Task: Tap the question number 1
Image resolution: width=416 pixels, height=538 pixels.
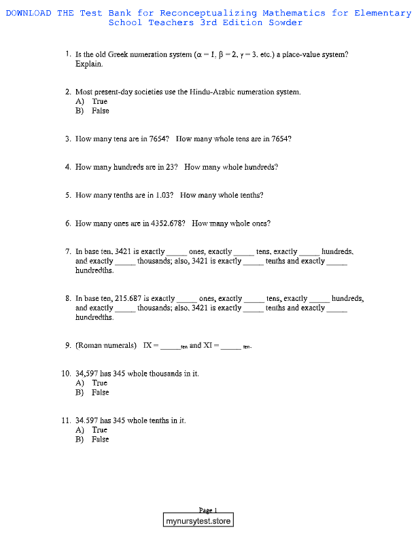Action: pos(69,54)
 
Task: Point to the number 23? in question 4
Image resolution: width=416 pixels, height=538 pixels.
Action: pos(171,166)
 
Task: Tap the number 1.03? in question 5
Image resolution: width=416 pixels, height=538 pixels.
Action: pos(164,195)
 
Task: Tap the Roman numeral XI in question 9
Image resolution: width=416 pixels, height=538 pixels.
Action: pos(209,345)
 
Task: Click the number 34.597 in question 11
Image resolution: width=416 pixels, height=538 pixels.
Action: pos(90,420)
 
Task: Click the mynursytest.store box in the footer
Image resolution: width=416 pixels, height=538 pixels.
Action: pos(198,521)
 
